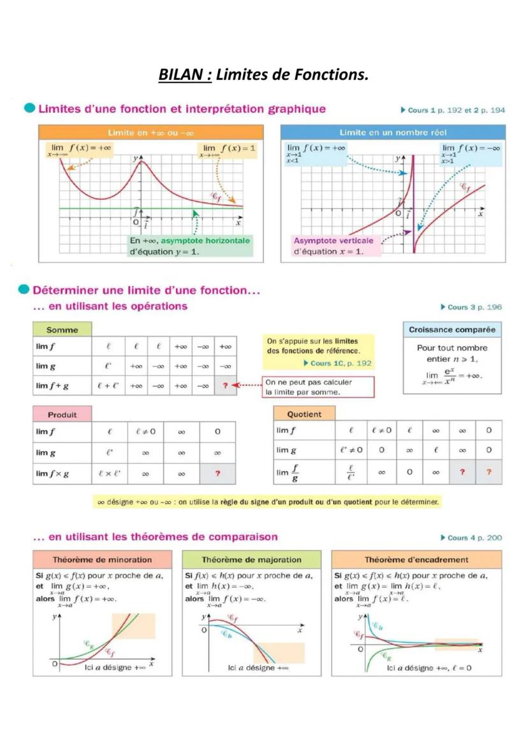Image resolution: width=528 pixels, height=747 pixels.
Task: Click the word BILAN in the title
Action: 184,75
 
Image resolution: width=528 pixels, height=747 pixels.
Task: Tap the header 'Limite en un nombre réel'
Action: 393,133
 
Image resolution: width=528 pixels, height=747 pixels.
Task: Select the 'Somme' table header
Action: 62,330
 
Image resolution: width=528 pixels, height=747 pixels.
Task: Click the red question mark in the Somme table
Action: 225,386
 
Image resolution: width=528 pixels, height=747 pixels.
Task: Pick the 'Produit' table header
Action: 62,415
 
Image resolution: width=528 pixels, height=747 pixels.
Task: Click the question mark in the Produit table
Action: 217,474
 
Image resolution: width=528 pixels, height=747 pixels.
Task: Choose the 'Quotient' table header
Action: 304,414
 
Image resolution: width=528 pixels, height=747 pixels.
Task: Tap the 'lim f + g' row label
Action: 53,386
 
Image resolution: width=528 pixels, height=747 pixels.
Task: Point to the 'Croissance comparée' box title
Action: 453,330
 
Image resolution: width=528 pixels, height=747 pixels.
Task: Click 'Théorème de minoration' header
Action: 102,559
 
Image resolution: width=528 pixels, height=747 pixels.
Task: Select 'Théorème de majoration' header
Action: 251,559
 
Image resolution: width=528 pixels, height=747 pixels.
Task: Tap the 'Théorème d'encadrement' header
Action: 416,559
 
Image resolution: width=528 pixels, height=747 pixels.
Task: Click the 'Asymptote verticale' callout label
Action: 334,240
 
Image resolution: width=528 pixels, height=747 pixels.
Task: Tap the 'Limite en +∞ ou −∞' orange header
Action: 150,133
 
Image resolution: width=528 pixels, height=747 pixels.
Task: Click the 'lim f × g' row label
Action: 53,474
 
